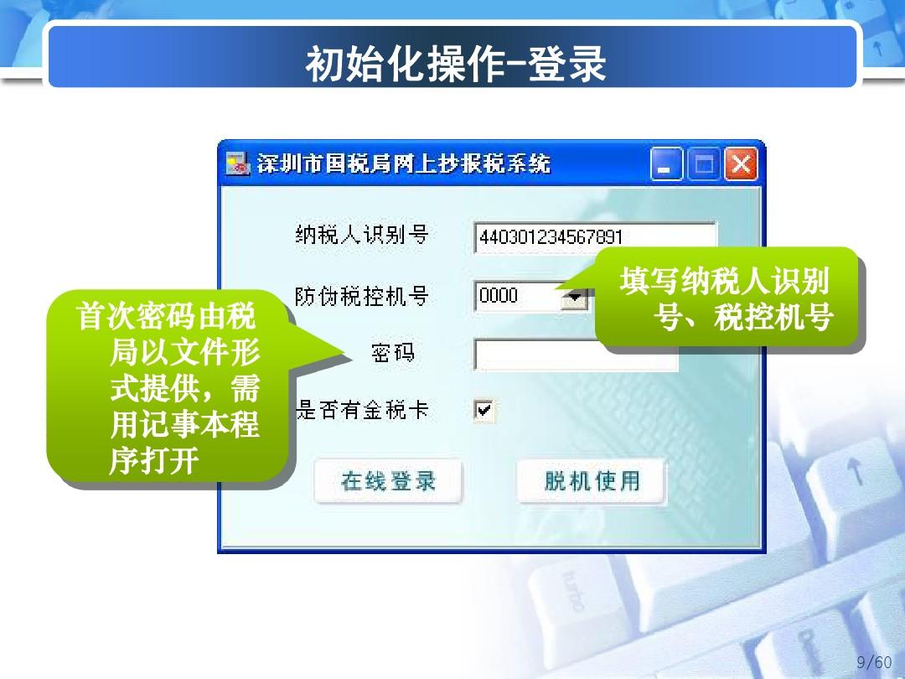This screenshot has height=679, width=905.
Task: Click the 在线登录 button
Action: tap(388, 481)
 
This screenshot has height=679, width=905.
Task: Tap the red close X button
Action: tap(741, 164)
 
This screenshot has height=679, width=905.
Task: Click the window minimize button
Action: tap(666, 164)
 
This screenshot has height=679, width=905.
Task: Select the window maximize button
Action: tap(703, 164)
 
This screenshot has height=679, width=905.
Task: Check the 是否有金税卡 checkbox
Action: tap(484, 410)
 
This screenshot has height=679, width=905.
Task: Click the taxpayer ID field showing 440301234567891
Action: tap(594, 237)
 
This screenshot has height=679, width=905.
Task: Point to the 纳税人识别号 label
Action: tap(361, 235)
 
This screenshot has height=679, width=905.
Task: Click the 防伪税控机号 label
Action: tap(361, 296)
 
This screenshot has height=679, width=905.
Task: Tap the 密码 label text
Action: tap(392, 353)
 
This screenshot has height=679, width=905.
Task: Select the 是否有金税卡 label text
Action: tap(363, 410)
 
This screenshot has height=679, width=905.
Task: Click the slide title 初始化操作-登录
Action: tap(455, 65)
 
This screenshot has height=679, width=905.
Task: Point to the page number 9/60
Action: tap(875, 662)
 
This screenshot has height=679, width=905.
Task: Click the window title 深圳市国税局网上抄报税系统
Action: tap(404, 164)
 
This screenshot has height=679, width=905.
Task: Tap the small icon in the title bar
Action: tap(238, 164)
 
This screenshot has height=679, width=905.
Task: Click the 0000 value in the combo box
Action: tap(499, 296)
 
